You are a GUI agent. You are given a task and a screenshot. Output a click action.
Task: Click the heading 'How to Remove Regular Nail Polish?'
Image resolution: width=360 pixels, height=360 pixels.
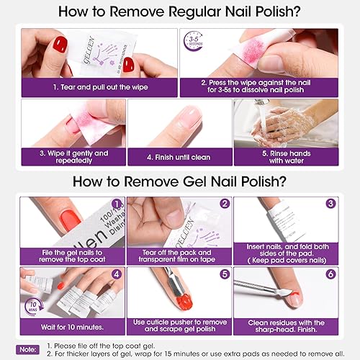(180, 12)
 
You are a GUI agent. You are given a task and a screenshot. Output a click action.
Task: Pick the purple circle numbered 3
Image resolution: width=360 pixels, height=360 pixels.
(330, 204)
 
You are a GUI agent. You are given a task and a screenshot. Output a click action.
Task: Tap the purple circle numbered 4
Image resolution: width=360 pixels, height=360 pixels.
(117, 274)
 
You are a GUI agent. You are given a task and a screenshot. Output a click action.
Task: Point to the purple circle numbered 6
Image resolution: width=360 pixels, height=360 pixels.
(330, 274)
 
